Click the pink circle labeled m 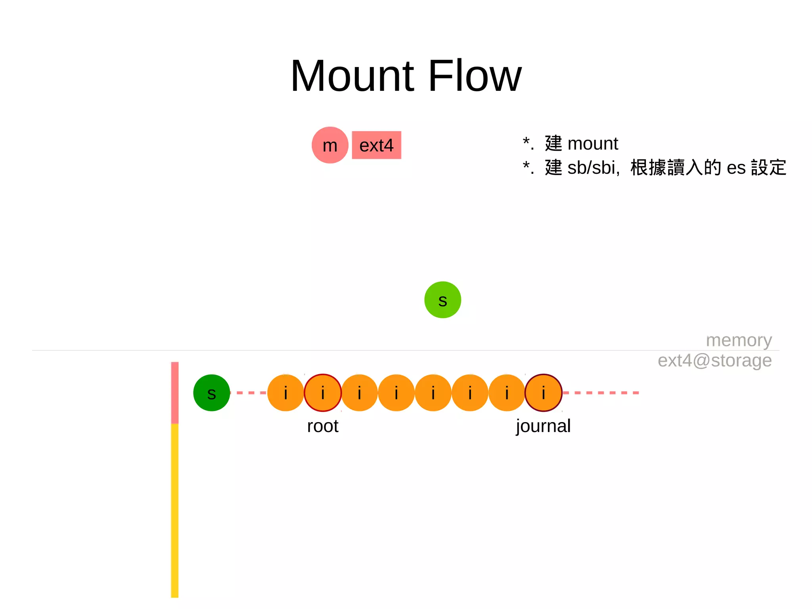coord(330,145)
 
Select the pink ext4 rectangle coord(376,145)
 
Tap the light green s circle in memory coord(442,300)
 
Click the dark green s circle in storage coord(212,393)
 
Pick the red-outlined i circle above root coord(323,393)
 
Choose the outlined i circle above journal coord(543,393)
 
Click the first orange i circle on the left coord(285,393)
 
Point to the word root coord(323,426)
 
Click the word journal coord(543,426)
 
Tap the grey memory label coord(739,340)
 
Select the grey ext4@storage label coord(714,361)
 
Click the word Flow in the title coord(475,76)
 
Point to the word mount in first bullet coord(592,144)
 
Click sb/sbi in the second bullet coord(593,168)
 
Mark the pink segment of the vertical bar coord(175,393)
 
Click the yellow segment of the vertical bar coord(175,512)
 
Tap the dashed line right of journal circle coord(601,393)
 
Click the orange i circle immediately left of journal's coord(507,393)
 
